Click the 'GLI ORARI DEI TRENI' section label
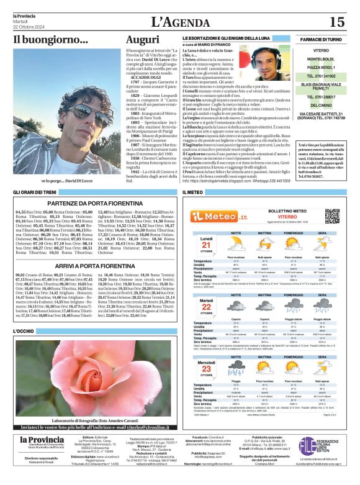pyautogui.click(x=35, y=193)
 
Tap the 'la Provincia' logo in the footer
pyautogui.click(x=42, y=458)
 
